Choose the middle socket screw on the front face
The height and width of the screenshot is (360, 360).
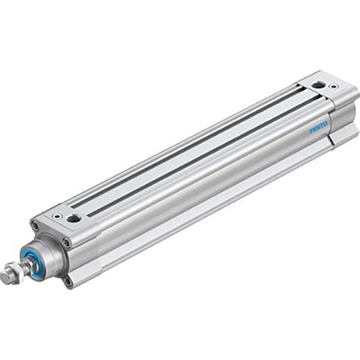tap(66, 243)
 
